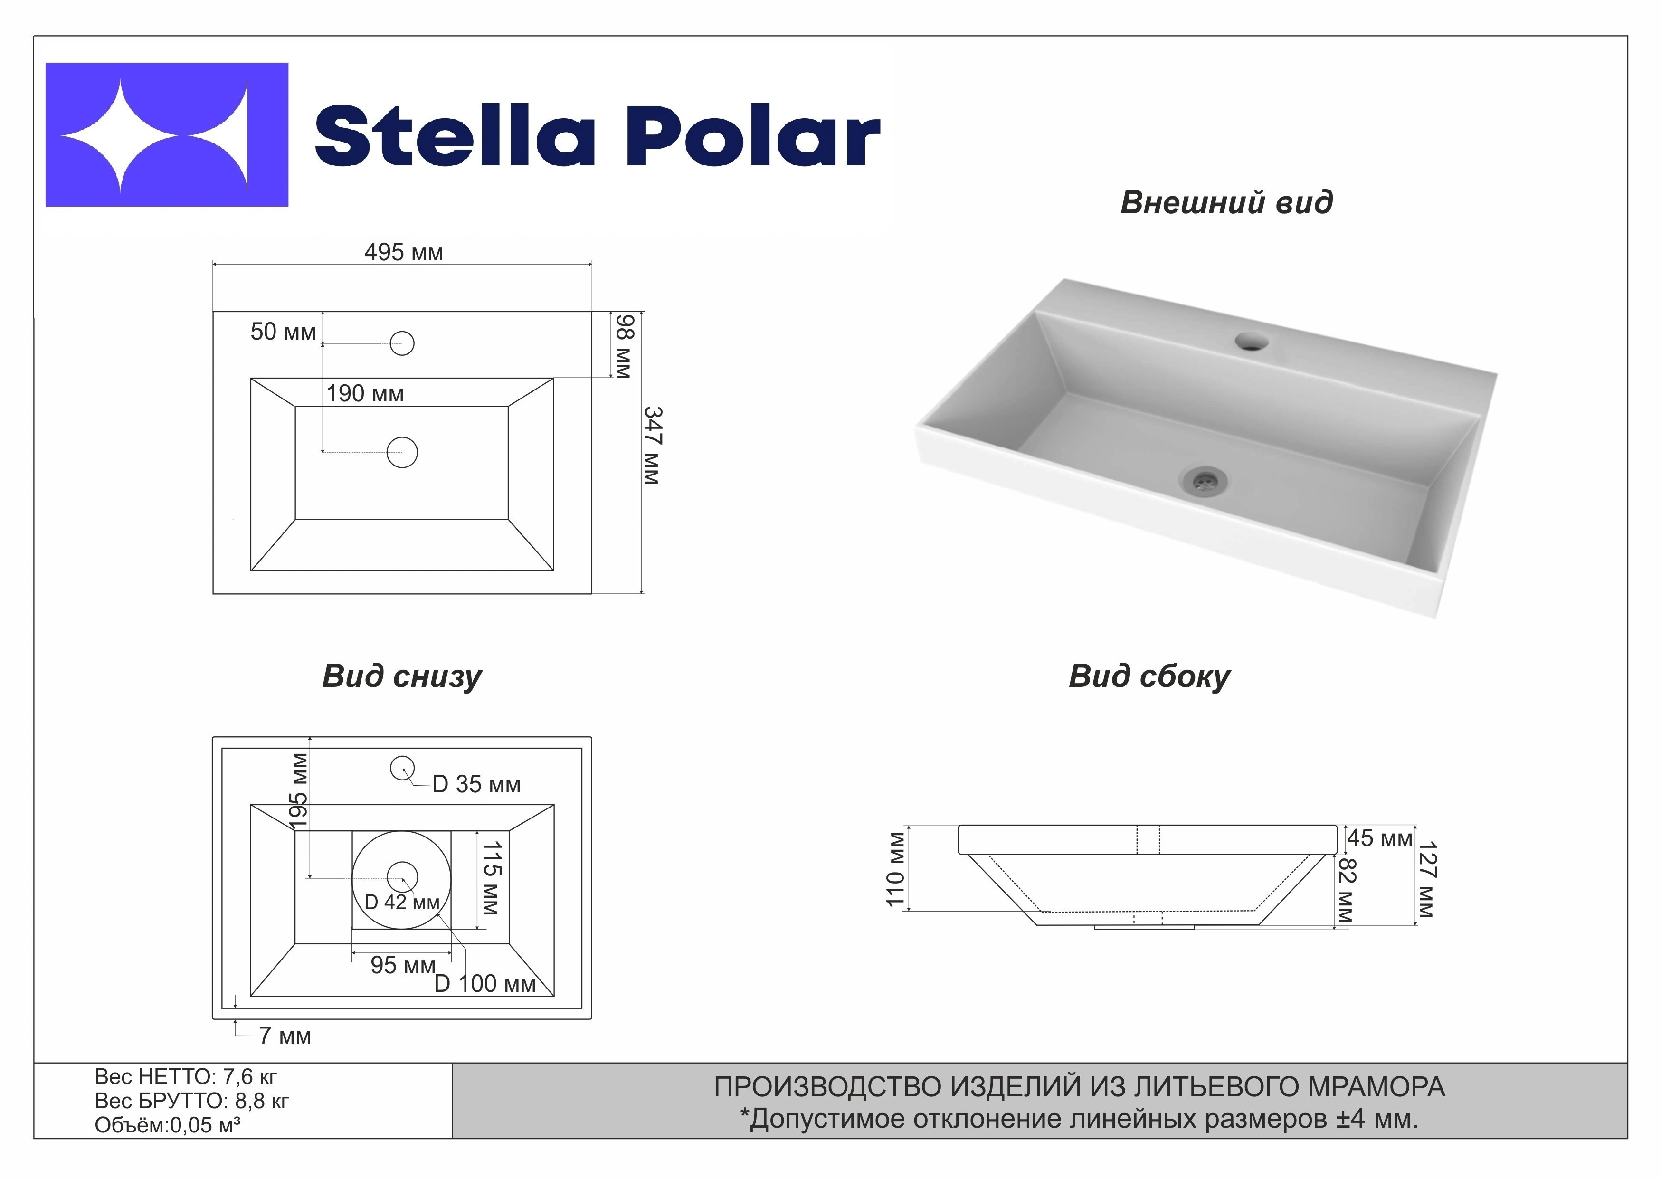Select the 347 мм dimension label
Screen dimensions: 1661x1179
(x=652, y=446)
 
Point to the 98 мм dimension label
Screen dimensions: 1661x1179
(x=625, y=346)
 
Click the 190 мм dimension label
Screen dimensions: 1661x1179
(x=364, y=393)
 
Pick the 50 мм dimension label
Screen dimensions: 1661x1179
(x=283, y=332)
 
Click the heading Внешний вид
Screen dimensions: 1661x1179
(x=1227, y=202)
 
